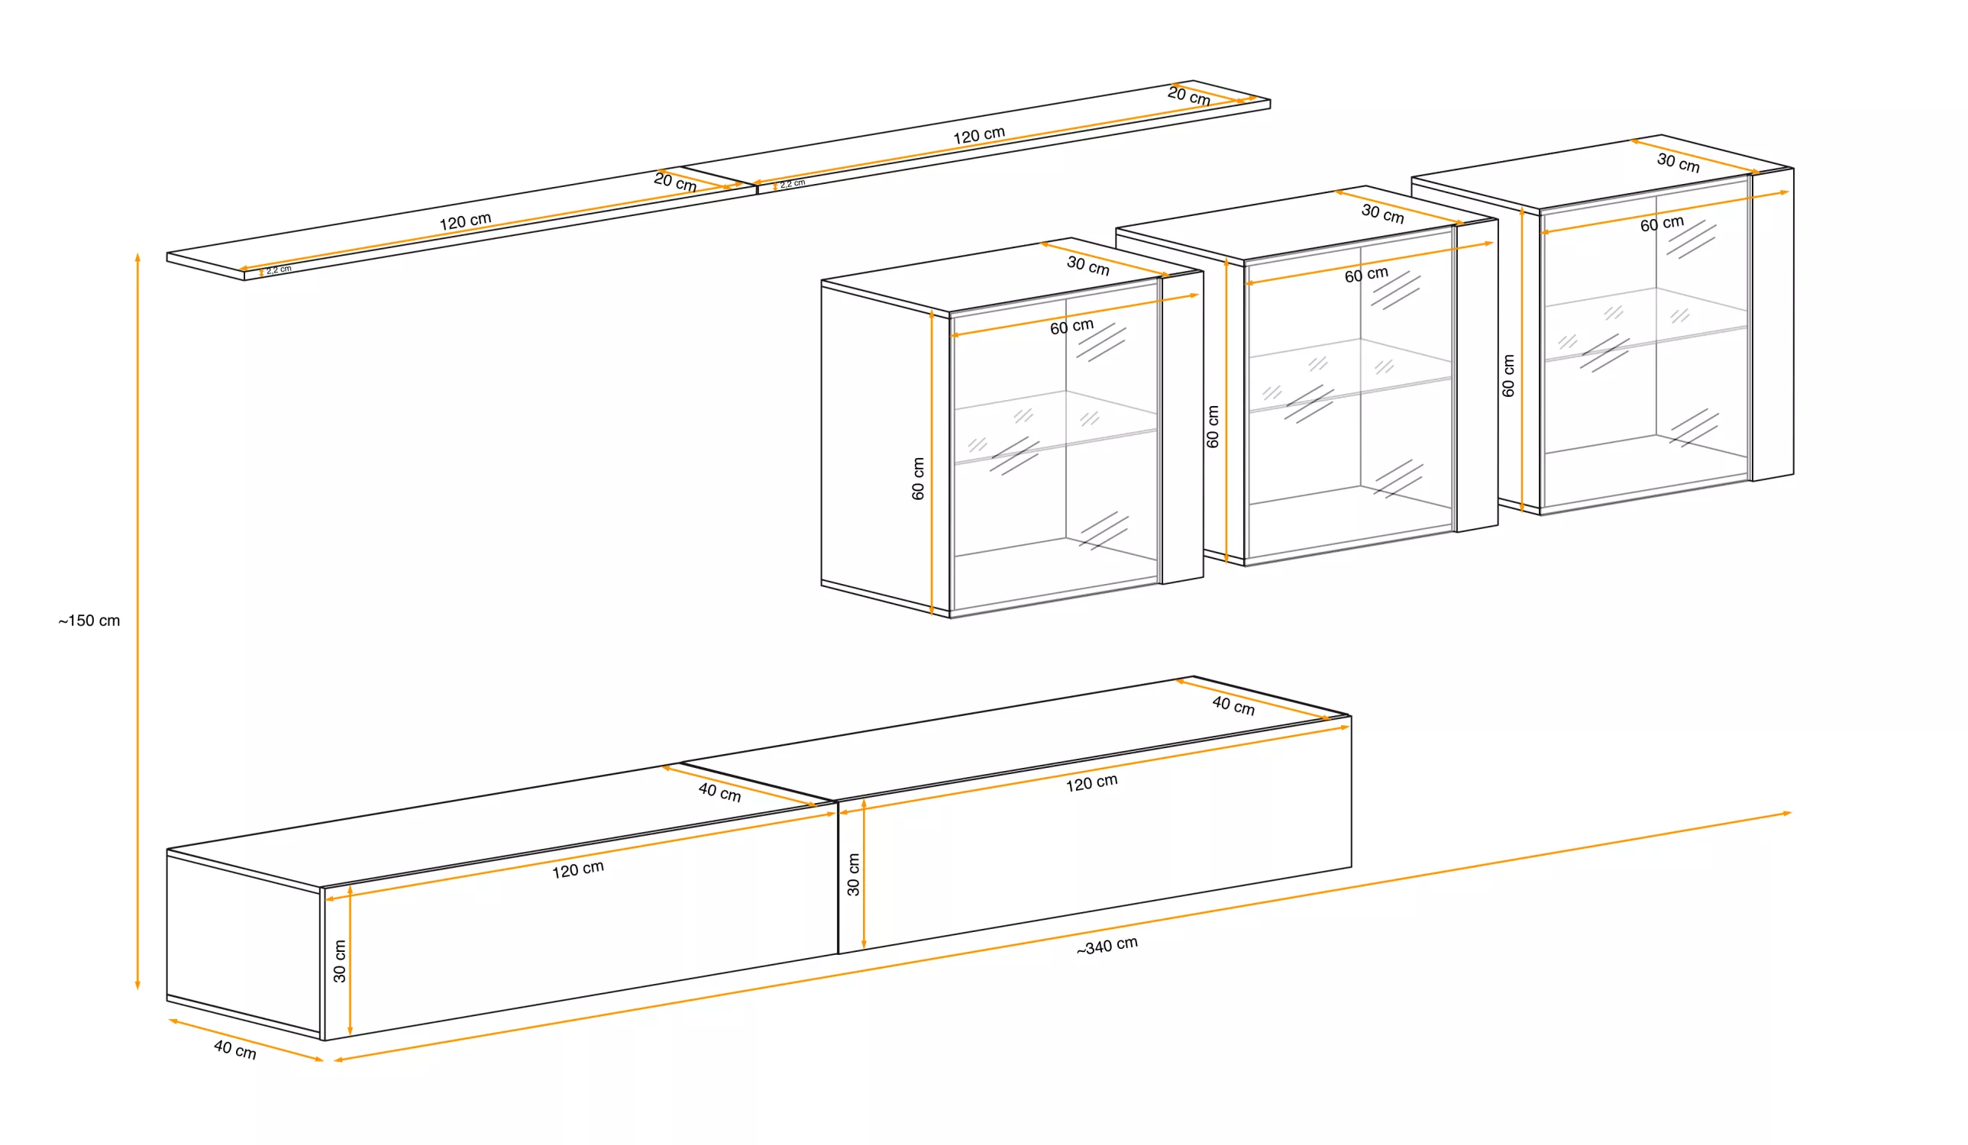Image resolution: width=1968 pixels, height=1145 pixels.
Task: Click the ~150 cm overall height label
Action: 89,621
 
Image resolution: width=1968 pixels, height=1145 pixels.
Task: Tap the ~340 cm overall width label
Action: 1107,946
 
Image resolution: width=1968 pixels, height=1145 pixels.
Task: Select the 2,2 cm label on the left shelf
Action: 279,270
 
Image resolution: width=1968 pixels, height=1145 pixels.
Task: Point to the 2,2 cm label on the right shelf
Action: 793,184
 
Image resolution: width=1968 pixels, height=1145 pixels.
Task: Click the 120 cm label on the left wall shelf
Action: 465,221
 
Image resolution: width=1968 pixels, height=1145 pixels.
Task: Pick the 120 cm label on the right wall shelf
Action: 979,136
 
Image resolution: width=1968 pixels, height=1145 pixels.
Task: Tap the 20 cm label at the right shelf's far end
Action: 1188,96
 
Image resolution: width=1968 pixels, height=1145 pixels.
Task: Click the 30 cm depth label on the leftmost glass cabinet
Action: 1088,266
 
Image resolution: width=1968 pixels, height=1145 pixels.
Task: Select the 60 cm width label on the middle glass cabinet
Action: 1367,275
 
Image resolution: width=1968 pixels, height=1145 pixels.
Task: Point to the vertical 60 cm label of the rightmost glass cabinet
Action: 1508,376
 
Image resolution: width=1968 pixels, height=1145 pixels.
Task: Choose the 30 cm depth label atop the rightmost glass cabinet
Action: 1679,163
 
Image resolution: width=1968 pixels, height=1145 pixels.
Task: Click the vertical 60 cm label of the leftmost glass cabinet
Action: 918,479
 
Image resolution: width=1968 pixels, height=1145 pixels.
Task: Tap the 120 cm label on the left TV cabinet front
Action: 578,869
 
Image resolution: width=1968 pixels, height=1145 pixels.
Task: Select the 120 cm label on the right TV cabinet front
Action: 1092,783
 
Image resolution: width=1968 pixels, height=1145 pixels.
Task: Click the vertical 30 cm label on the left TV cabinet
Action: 339,961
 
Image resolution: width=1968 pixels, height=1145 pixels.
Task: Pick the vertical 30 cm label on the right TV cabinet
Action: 853,874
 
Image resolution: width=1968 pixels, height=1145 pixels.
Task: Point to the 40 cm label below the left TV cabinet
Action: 235,1050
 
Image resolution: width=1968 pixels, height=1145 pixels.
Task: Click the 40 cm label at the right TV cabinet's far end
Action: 1233,705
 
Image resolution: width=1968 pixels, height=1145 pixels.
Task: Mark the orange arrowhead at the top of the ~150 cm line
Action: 137,258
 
